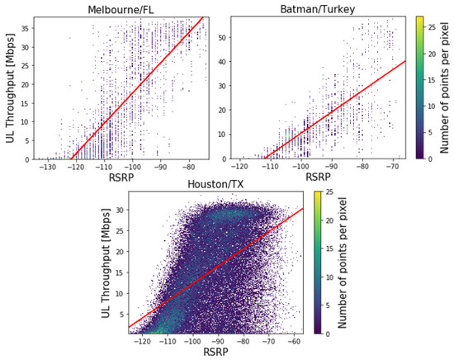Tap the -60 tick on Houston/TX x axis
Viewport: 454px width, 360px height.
295,342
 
